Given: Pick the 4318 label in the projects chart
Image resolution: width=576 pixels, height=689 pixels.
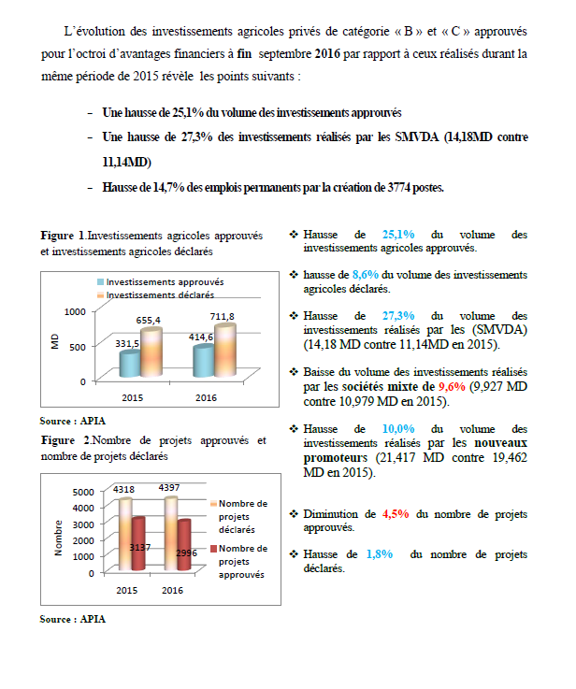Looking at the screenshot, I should (124, 489).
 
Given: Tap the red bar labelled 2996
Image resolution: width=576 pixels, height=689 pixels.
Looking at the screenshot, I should (183, 552).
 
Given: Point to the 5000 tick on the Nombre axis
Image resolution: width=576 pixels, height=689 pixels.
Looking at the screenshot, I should (83, 492).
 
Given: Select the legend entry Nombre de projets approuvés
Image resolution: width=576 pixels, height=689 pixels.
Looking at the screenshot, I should (242, 562).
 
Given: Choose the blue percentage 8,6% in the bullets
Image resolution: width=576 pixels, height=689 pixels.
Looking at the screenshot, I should (364, 275).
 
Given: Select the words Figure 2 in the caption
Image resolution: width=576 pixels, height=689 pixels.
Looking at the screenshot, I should (65, 440).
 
